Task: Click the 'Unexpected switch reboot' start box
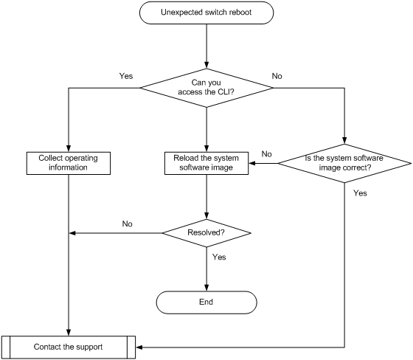[x=206, y=13]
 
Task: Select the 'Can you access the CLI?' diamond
[x=206, y=88]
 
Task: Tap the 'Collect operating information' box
[x=69, y=163]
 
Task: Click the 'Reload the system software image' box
[x=206, y=163]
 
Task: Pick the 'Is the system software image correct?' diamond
[x=344, y=163]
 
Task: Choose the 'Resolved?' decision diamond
[x=206, y=233]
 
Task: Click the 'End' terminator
[x=206, y=302]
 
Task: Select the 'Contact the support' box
[x=69, y=347]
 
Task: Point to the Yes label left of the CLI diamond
[x=126, y=76]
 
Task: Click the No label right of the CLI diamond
[x=277, y=76]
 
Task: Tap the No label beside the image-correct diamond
[x=266, y=154]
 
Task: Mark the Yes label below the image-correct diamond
[x=360, y=193]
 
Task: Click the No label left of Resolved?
[x=127, y=224]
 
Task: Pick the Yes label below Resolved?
[x=219, y=257]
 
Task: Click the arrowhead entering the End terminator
[x=206, y=288]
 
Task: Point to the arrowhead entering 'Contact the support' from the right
[x=139, y=347]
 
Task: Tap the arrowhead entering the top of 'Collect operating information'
[x=69, y=148]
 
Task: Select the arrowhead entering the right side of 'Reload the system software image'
[x=252, y=163]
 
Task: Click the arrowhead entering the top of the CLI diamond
[x=206, y=65]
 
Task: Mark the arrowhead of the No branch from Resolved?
[x=72, y=233]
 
